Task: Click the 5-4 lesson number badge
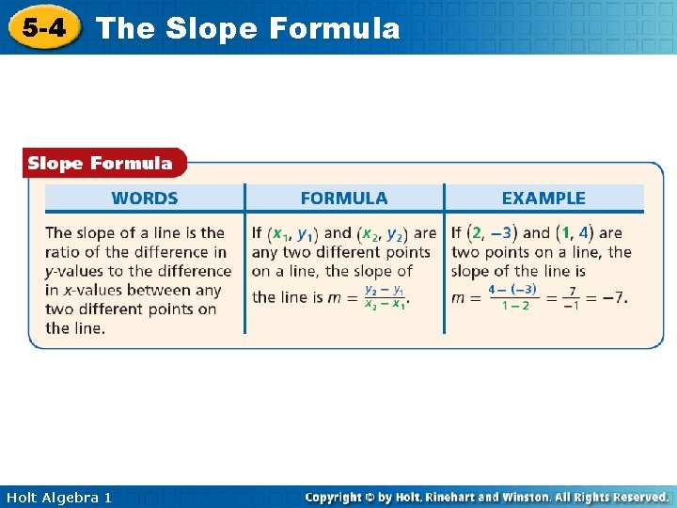click(43, 27)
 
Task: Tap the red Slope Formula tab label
click(101, 164)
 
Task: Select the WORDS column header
click(145, 198)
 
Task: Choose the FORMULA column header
click(343, 198)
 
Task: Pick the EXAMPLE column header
click(543, 198)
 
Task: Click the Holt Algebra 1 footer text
click(58, 497)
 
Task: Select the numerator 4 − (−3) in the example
click(512, 289)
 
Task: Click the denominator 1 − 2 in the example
click(515, 306)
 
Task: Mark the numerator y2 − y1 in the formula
click(385, 289)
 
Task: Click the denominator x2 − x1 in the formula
click(385, 305)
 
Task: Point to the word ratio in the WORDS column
click(62, 252)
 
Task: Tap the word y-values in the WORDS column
click(77, 271)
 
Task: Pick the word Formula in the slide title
click(334, 28)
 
